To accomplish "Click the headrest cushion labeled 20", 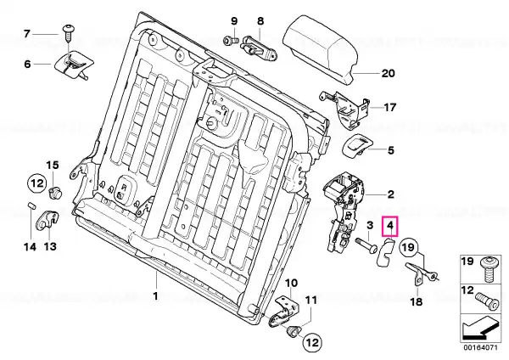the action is pyautogui.click(x=321, y=49).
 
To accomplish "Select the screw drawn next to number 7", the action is pyautogui.click(x=69, y=32).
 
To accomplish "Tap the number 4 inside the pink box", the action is pyautogui.click(x=390, y=225).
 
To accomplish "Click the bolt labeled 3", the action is pyautogui.click(x=366, y=245).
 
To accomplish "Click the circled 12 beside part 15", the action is pyautogui.click(x=37, y=183).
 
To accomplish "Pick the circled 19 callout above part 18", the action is pyautogui.click(x=409, y=248).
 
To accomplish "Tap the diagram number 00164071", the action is pyautogui.click(x=480, y=347).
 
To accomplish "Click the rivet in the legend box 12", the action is pyautogui.click(x=487, y=301).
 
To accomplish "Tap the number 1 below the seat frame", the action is pyautogui.click(x=156, y=296).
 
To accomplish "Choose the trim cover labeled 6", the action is pyautogui.click(x=70, y=65).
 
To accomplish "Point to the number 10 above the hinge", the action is pyautogui.click(x=291, y=283).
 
